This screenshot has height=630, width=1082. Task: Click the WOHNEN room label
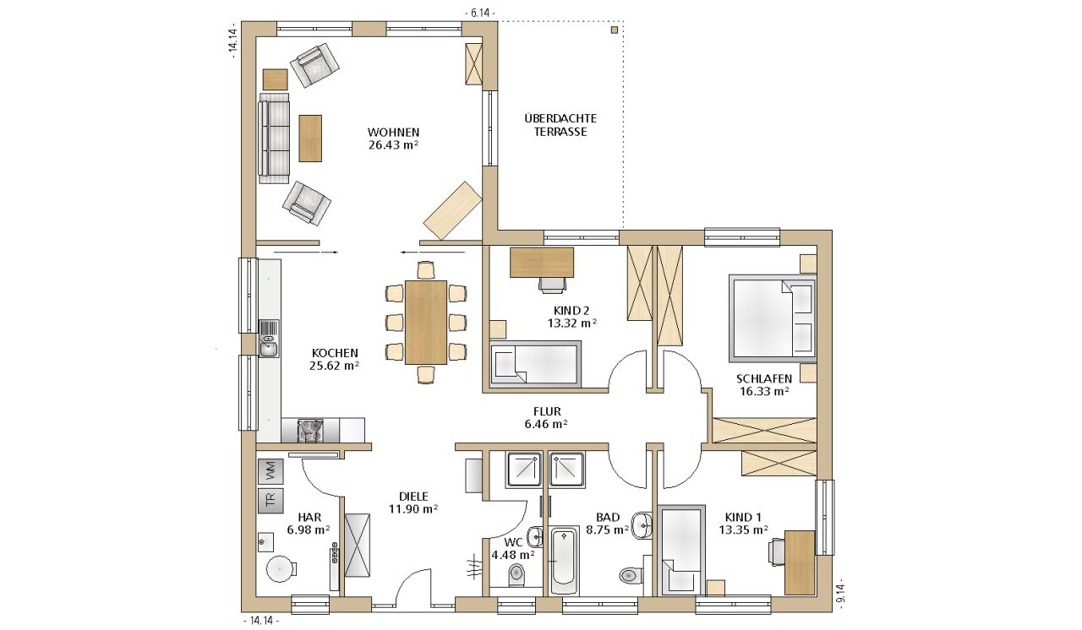393,133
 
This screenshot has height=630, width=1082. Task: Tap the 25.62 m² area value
334,366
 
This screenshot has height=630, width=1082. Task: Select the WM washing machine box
270,472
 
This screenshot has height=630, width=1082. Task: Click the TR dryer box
270,501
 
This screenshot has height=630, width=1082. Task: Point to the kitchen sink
269,339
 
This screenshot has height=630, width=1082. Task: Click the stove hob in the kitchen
310,431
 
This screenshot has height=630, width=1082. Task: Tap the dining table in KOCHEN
426,323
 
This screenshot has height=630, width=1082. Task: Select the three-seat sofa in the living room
274,138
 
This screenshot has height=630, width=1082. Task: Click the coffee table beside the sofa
310,138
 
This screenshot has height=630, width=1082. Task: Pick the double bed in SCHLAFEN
773,318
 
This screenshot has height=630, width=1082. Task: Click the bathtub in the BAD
565,561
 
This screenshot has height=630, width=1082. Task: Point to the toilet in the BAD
631,575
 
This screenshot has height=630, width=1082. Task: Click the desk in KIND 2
542,263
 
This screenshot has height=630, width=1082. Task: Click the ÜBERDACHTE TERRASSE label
560,125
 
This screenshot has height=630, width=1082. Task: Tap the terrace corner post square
615,30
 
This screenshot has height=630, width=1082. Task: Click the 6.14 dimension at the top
479,13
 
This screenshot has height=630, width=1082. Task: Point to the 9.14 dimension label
841,594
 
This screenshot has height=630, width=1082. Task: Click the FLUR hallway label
547,411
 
